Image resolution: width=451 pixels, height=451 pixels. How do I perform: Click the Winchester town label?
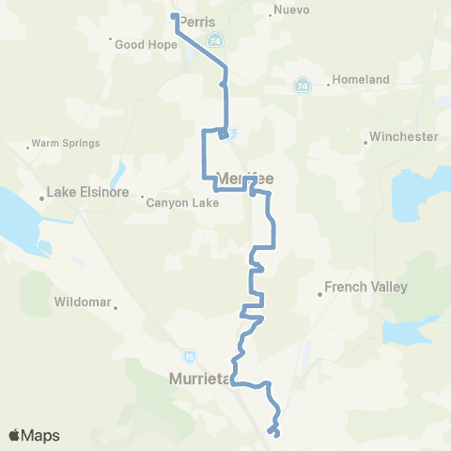coord(404,136)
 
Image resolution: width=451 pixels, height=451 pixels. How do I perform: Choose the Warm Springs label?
coord(66,144)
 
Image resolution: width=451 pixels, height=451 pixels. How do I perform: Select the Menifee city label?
coord(245,176)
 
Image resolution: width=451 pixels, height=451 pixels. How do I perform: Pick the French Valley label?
coord(365,286)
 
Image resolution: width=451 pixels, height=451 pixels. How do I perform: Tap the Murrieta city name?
coord(198,379)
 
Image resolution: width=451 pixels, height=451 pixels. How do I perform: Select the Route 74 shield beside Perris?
coord(217,40)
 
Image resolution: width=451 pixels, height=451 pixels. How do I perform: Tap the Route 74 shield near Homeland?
coord(302,86)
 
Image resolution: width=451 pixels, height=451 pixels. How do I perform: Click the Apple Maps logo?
coord(33,435)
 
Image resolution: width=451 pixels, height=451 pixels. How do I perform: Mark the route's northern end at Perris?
coord(174,16)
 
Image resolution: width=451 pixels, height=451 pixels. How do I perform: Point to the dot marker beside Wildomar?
coord(116,304)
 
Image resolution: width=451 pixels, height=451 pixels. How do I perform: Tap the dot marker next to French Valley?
coord(320,294)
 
